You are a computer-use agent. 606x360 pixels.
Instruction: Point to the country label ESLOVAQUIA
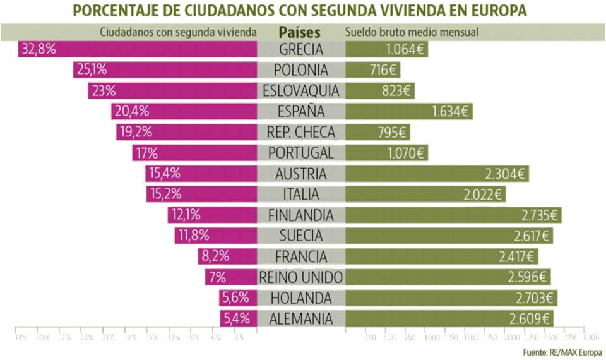(x=301, y=91)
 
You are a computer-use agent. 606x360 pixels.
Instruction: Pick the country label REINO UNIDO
(x=301, y=277)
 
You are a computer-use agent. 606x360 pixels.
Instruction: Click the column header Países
(x=300, y=32)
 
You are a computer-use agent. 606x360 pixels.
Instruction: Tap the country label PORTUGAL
(x=301, y=153)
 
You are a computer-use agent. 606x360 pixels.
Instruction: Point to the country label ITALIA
(x=301, y=194)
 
